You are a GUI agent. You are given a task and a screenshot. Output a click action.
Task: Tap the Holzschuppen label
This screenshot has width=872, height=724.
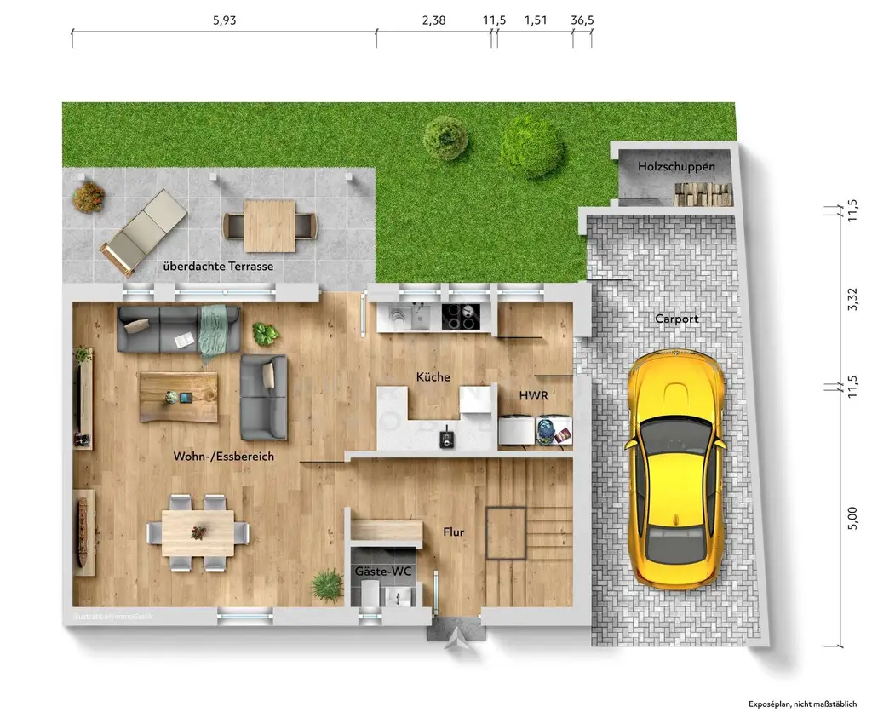(x=677, y=167)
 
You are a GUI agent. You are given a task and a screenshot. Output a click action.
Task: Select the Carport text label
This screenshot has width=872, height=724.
(x=676, y=319)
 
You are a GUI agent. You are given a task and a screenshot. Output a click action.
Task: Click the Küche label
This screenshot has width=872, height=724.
(x=433, y=377)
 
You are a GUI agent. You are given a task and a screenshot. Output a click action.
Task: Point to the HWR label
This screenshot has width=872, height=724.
(x=533, y=396)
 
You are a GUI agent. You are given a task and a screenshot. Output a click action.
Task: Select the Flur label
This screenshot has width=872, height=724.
(x=453, y=532)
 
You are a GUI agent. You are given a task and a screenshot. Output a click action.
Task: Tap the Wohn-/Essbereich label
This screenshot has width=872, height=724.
(x=224, y=457)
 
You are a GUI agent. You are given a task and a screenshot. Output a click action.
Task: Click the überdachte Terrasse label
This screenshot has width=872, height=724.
(x=218, y=267)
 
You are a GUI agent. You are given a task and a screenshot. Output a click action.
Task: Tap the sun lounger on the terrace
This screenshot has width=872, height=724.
(x=142, y=231)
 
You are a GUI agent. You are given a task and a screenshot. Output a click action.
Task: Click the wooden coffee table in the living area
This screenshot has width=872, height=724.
(x=178, y=396)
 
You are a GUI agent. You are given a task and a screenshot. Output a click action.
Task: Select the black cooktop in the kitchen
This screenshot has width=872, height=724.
(x=461, y=317)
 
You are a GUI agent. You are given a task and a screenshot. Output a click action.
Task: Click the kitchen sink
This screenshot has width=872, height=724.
(x=419, y=317)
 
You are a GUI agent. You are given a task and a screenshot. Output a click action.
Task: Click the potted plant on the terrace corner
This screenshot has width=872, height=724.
(x=88, y=197)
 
